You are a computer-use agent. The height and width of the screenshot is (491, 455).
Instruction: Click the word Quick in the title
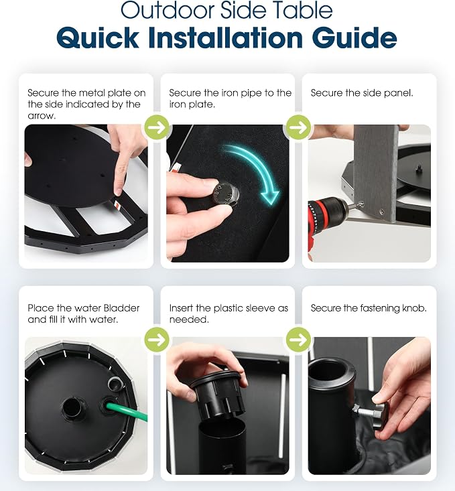[97, 38]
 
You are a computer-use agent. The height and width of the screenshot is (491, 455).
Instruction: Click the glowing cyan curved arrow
[253, 171]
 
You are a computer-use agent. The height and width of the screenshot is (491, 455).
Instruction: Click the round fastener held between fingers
[226, 195]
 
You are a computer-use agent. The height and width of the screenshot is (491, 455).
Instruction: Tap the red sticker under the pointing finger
[118, 204]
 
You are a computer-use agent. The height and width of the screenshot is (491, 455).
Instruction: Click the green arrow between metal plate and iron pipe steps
[157, 127]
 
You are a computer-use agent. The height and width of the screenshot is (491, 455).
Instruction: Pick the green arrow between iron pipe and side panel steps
[299, 127]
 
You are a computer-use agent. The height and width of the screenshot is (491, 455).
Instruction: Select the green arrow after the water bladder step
[157, 340]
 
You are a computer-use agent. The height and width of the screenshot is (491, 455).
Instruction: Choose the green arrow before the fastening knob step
[299, 340]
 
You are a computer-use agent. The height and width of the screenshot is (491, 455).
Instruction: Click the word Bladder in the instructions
[121, 308]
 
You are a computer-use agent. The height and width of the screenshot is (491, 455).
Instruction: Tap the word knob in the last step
[413, 308]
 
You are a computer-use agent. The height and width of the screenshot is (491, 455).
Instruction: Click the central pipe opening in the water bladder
[73, 407]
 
